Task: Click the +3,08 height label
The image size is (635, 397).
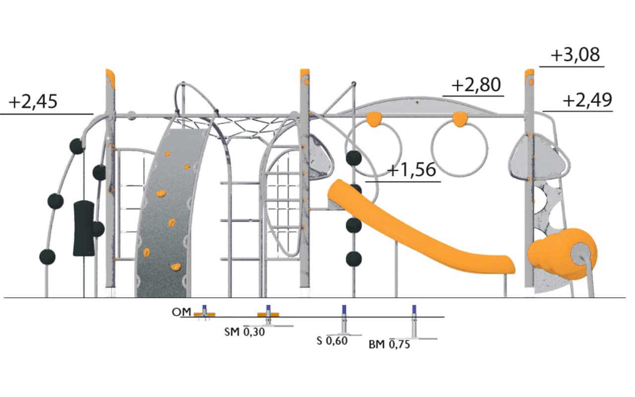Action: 575,55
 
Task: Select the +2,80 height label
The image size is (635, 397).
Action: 476,85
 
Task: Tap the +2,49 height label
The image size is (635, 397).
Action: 587,100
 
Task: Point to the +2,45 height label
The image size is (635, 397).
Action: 33,102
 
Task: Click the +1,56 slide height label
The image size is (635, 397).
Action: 412,170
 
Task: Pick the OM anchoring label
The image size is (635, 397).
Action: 182,312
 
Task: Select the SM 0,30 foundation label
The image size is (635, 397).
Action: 245,332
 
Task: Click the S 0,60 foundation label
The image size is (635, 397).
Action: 332,340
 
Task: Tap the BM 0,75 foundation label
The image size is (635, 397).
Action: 389,344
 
